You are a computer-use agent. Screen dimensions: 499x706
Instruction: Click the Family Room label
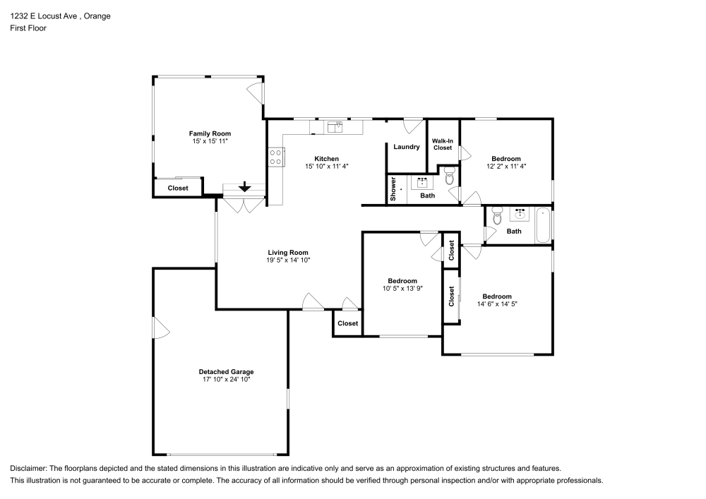point(209,133)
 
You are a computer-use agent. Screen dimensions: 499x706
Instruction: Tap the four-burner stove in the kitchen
point(275,157)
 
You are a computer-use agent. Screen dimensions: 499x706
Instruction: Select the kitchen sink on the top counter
point(335,127)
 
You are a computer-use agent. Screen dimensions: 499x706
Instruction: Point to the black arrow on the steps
point(244,187)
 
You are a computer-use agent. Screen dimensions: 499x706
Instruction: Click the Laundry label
point(407,147)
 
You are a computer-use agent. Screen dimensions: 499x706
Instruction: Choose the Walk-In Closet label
point(443,144)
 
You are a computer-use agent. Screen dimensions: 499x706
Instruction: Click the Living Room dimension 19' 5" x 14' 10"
point(287,260)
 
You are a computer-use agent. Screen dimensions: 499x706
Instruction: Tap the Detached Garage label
point(226,372)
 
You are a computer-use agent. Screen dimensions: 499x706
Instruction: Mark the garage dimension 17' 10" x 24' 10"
point(226,380)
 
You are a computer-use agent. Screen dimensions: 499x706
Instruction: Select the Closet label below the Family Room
point(178,188)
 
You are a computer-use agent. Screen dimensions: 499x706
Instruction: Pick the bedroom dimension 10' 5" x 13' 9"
point(402,288)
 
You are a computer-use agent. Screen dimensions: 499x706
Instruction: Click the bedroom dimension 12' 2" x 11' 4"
point(506,167)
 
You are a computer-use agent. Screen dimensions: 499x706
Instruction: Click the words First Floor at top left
point(28,28)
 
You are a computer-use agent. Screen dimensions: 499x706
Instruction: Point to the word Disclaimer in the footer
point(28,469)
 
